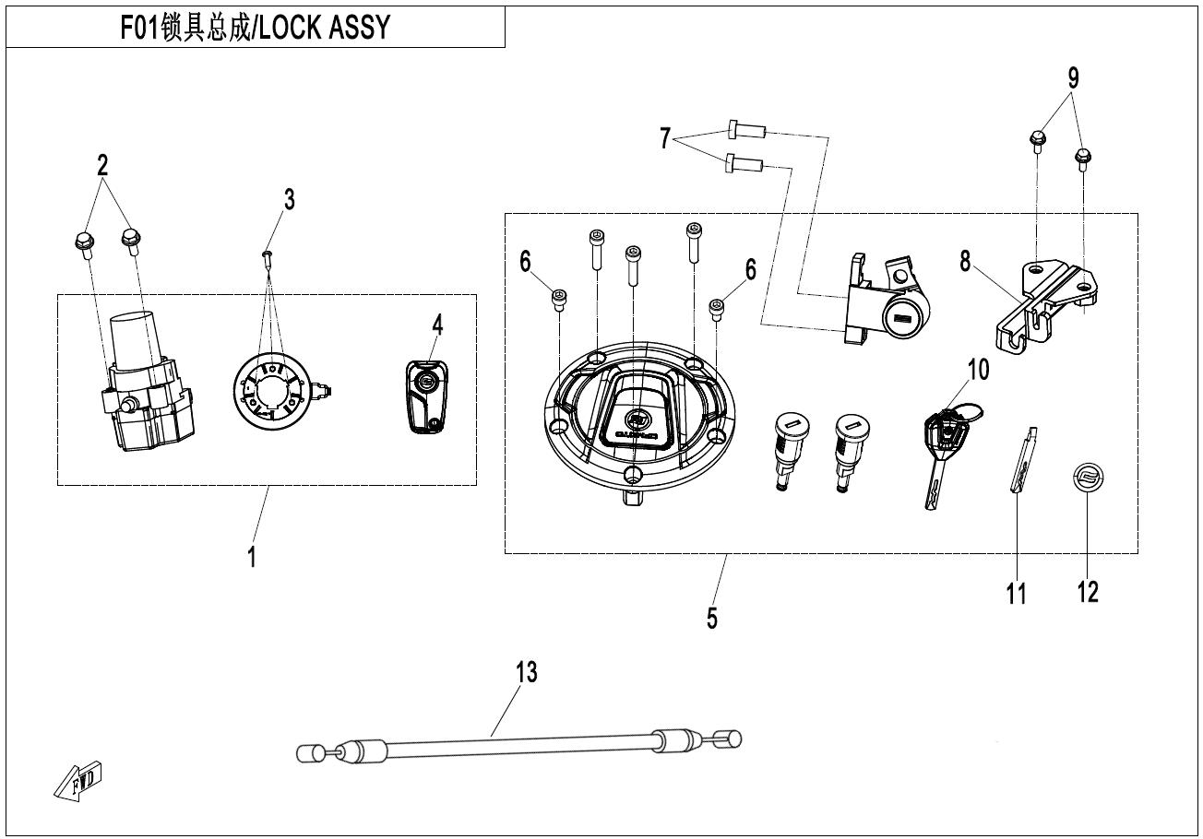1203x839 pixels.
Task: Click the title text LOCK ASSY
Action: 325,28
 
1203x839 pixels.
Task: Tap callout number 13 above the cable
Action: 526,673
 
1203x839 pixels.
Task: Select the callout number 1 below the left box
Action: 252,557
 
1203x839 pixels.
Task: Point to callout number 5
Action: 711,618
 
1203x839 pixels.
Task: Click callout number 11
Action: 1016,595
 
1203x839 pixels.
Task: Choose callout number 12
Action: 1088,592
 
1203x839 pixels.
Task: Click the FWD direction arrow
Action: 77,781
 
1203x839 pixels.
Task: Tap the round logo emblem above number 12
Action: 1088,477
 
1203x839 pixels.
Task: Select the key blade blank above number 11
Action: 1023,459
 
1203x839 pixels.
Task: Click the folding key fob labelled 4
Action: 426,396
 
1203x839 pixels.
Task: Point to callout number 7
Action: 665,138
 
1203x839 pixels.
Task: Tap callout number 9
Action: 1073,78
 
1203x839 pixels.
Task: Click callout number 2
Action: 102,165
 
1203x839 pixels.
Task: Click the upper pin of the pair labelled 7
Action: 746,129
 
